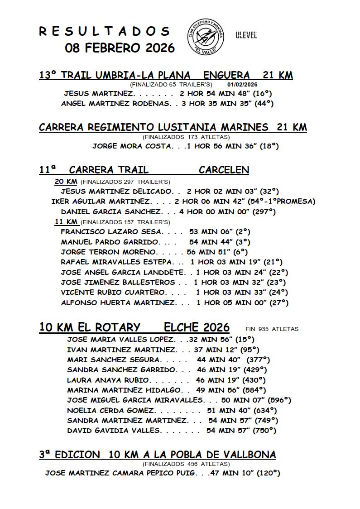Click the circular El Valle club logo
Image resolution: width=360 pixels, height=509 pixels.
click(206, 35)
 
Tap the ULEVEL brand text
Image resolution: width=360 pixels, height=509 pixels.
click(246, 35)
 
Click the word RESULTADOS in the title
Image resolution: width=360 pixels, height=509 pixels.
click(105, 31)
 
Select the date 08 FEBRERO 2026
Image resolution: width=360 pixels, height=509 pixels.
click(120, 48)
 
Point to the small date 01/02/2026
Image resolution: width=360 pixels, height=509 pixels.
click(242, 85)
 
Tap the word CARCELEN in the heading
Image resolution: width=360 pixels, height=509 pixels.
click(224, 170)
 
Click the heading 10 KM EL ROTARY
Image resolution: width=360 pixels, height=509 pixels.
click(90, 327)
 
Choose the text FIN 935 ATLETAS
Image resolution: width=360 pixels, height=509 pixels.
click(272, 329)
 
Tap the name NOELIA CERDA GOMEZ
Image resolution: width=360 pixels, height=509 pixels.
click(111, 410)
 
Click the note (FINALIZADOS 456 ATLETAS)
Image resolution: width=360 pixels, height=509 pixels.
click(186, 464)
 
